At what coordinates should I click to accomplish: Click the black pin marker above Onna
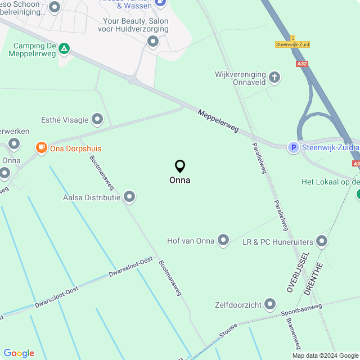coord(180,166)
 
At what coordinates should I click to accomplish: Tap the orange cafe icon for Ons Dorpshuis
coord(41,148)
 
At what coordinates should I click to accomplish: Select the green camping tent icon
coord(65,49)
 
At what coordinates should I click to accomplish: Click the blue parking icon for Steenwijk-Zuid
coord(293,147)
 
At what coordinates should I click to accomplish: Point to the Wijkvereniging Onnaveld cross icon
coord(274,77)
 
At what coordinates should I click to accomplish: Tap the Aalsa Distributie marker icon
coord(130,197)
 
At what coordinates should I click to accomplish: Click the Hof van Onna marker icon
coord(223,241)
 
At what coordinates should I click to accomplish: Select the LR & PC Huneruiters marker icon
coord(322,241)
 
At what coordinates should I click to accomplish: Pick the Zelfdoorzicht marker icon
coord(271,304)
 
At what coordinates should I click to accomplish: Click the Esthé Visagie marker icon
coord(98,119)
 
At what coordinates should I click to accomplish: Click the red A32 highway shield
coord(302,64)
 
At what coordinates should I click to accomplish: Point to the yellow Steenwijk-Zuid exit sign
coord(292,44)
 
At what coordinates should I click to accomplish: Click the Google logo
coord(19,353)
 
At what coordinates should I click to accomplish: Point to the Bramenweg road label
coord(294,332)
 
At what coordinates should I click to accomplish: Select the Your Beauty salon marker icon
coord(153,41)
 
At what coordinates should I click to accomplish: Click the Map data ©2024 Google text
coord(325,355)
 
